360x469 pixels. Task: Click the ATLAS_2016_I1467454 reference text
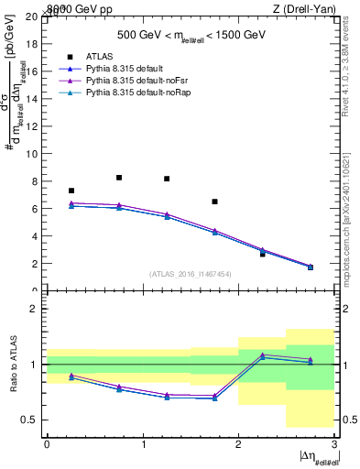pos(191,273)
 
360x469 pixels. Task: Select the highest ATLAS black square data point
pos(119,178)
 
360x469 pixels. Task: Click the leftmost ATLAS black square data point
pos(71,191)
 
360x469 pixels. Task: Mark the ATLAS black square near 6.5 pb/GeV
pos(214,202)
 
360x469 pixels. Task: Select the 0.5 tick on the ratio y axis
pos(29,420)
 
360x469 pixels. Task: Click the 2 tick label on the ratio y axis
pos(35,310)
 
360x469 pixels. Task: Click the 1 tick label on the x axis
pos(143,444)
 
